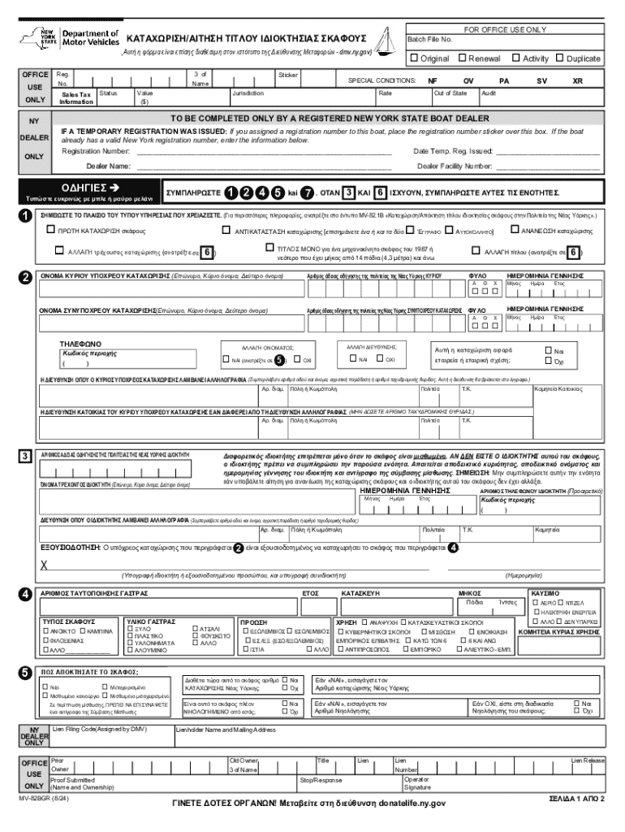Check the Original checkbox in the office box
click(414, 58)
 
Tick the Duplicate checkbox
click(559, 58)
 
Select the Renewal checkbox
click(462, 58)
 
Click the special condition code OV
click(468, 81)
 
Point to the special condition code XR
click(577, 81)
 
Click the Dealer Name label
click(97, 166)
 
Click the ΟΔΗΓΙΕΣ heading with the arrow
click(90, 188)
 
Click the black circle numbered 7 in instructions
click(306, 193)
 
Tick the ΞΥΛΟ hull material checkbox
click(131, 629)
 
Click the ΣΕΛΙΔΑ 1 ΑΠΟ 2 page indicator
click(577, 799)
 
